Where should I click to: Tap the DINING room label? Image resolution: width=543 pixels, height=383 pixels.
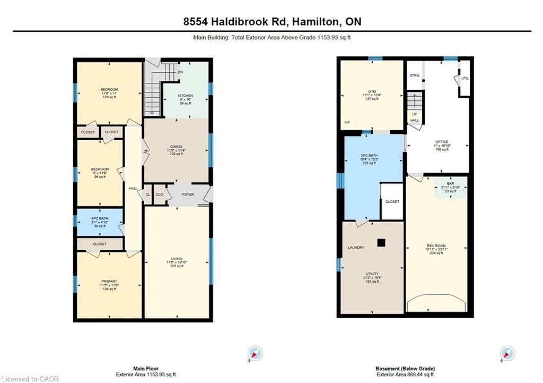tap(177, 147)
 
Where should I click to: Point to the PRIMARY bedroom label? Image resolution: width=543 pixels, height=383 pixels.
tap(109, 281)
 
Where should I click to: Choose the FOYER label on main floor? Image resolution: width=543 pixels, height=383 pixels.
tap(188, 194)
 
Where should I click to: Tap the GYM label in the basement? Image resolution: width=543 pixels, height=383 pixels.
tap(372, 91)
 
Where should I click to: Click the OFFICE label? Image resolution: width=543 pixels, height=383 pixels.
tap(442, 142)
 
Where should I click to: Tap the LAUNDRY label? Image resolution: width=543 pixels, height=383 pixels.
tap(356, 248)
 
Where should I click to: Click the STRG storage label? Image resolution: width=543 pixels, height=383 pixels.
tap(414, 75)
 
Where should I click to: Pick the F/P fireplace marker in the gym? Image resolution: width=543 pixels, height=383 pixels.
tap(347, 123)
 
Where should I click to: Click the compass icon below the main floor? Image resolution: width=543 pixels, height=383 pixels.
tap(255, 353)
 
